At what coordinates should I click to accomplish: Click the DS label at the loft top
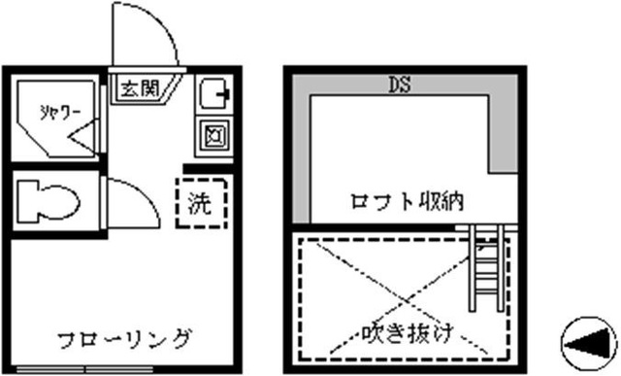[x=398, y=85]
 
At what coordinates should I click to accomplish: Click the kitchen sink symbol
[x=212, y=95]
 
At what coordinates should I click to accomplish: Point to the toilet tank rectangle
[x=26, y=203]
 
